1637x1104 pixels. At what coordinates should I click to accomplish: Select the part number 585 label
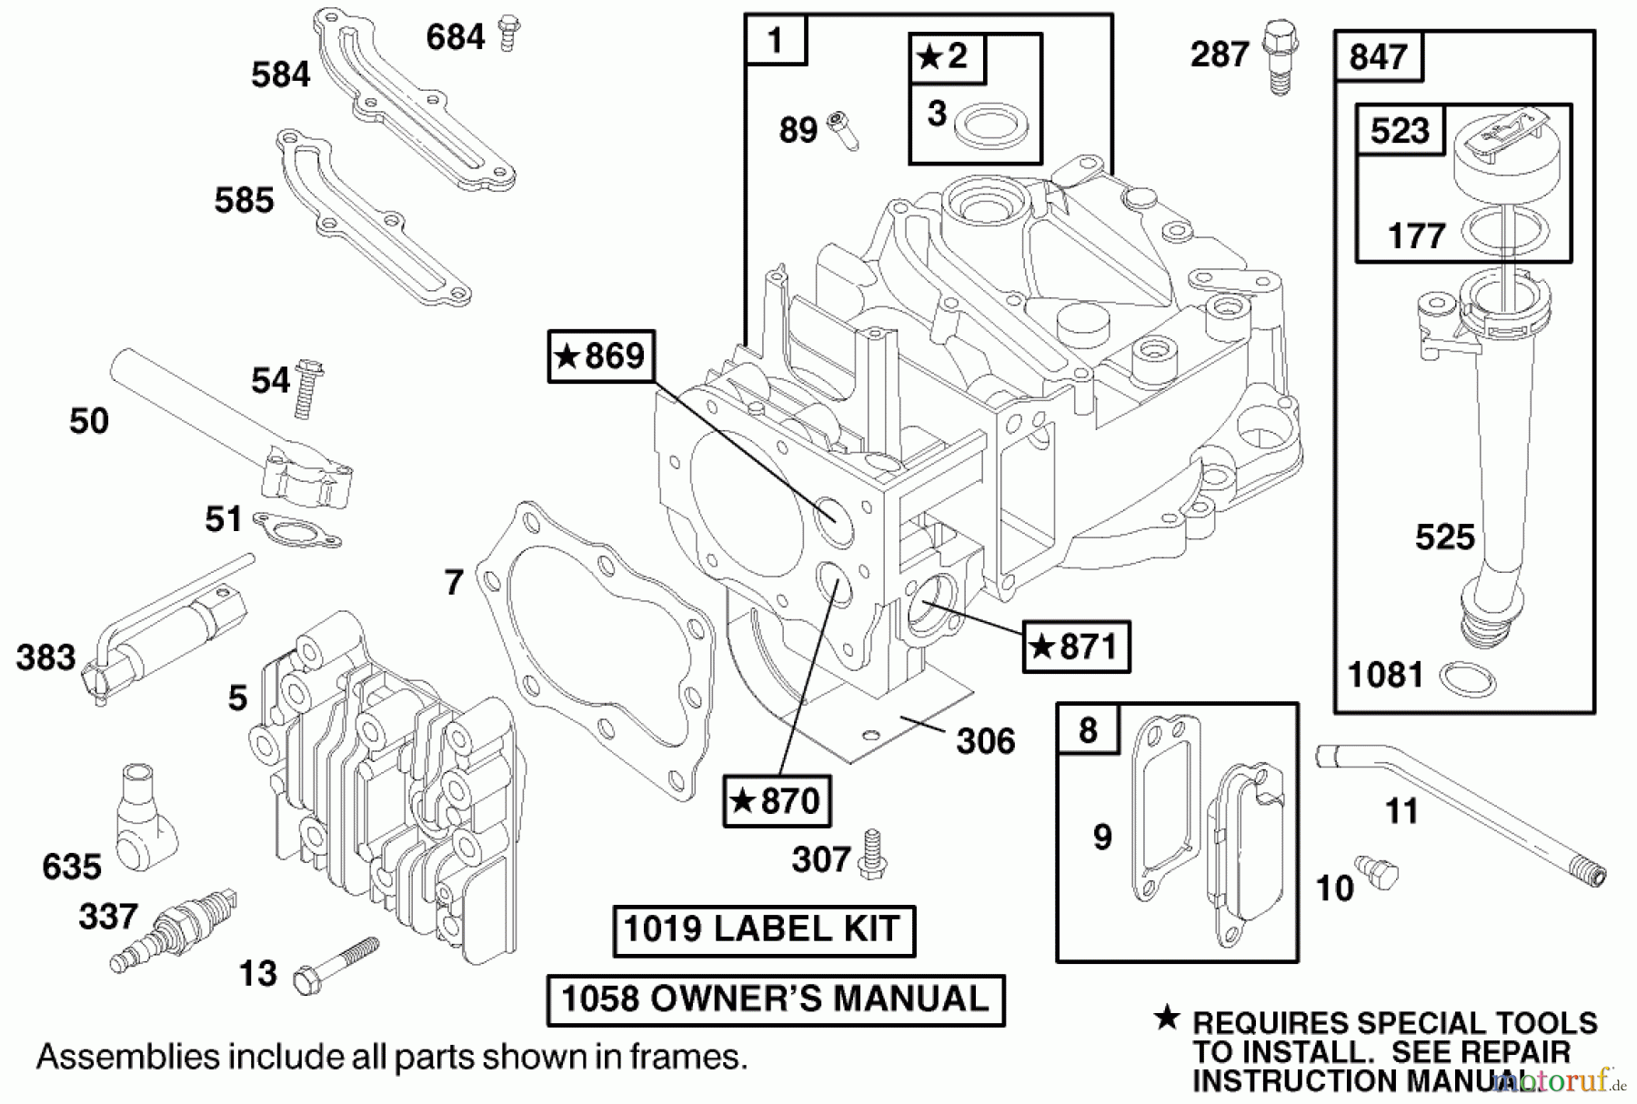click(244, 200)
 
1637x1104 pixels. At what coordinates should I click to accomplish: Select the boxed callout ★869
click(600, 356)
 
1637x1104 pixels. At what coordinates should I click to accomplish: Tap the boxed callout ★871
click(1076, 647)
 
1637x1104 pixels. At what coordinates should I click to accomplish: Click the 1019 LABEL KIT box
click(763, 930)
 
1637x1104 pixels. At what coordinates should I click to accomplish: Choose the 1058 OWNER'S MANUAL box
click(775, 999)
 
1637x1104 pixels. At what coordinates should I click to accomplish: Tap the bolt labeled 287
click(1280, 57)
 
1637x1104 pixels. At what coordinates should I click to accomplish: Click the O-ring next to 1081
click(1468, 678)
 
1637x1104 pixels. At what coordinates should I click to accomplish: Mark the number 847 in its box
click(1378, 57)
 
